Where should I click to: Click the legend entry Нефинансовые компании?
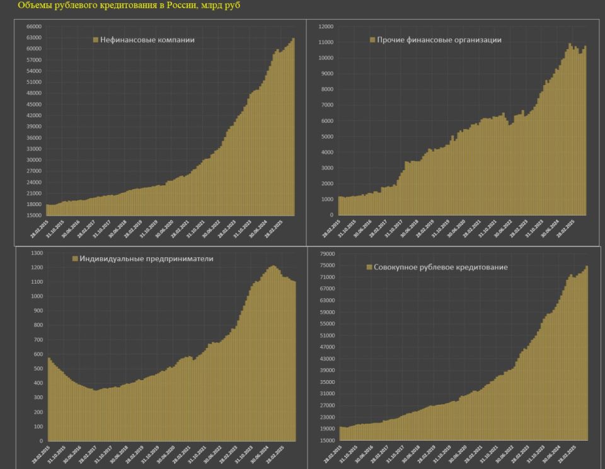pyautogui.click(x=144, y=40)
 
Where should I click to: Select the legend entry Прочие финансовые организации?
pyautogui.click(x=435, y=40)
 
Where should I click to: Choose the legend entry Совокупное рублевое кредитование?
pyautogui.click(x=437, y=267)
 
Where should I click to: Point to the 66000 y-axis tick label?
pyautogui.click(x=33, y=26)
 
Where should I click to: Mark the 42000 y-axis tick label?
pyautogui.click(x=33, y=115)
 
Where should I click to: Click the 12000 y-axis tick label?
pyautogui.click(x=326, y=26)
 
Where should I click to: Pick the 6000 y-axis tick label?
pyautogui.click(x=327, y=120)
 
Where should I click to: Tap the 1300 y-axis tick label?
pyautogui.click(x=37, y=253)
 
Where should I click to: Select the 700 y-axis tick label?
pyautogui.click(x=38, y=340)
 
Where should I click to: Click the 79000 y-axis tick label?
pyautogui.click(x=326, y=253)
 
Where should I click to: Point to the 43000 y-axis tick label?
pyautogui.click(x=326, y=359)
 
